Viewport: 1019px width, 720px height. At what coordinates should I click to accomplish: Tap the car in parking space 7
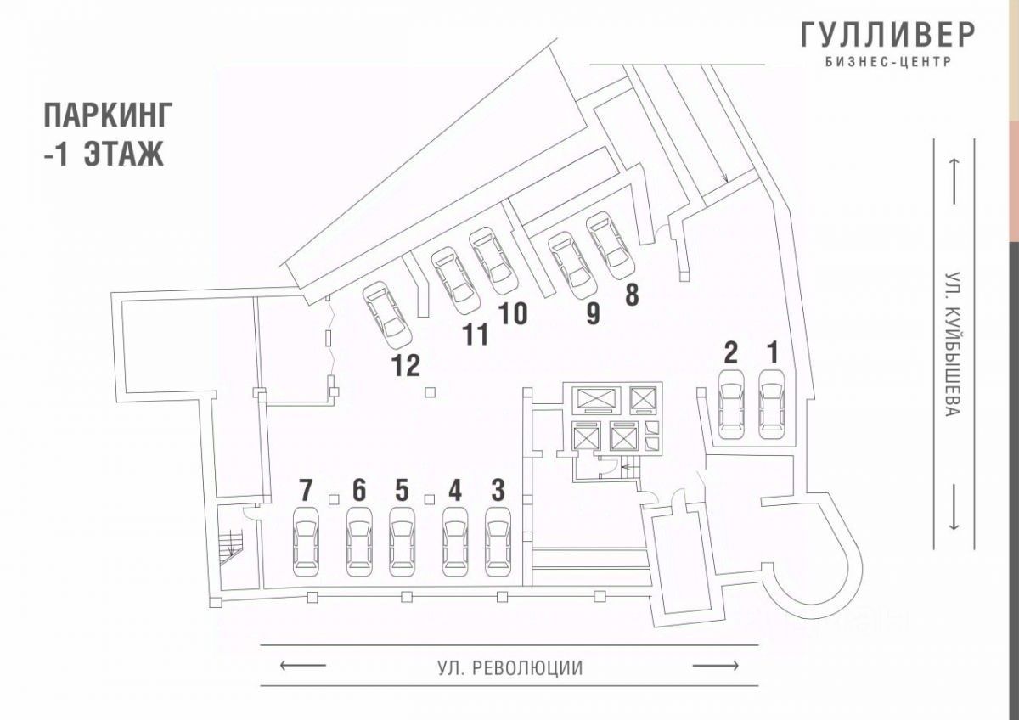tap(306, 541)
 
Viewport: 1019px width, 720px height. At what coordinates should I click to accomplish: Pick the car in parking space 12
tap(386, 314)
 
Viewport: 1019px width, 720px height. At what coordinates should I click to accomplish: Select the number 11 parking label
tap(476, 335)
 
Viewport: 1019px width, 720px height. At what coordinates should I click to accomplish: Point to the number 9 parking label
tap(592, 313)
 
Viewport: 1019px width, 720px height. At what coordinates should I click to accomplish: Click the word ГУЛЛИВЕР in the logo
tap(887, 35)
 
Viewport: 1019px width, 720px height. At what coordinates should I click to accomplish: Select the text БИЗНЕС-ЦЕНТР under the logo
tap(887, 62)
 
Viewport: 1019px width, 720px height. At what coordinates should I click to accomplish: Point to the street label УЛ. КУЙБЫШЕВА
tap(953, 344)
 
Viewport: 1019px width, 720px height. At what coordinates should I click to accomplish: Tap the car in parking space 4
tap(455, 541)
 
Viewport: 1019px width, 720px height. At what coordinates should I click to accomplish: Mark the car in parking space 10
tap(493, 261)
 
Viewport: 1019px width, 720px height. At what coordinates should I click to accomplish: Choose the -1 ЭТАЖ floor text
tap(103, 155)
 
